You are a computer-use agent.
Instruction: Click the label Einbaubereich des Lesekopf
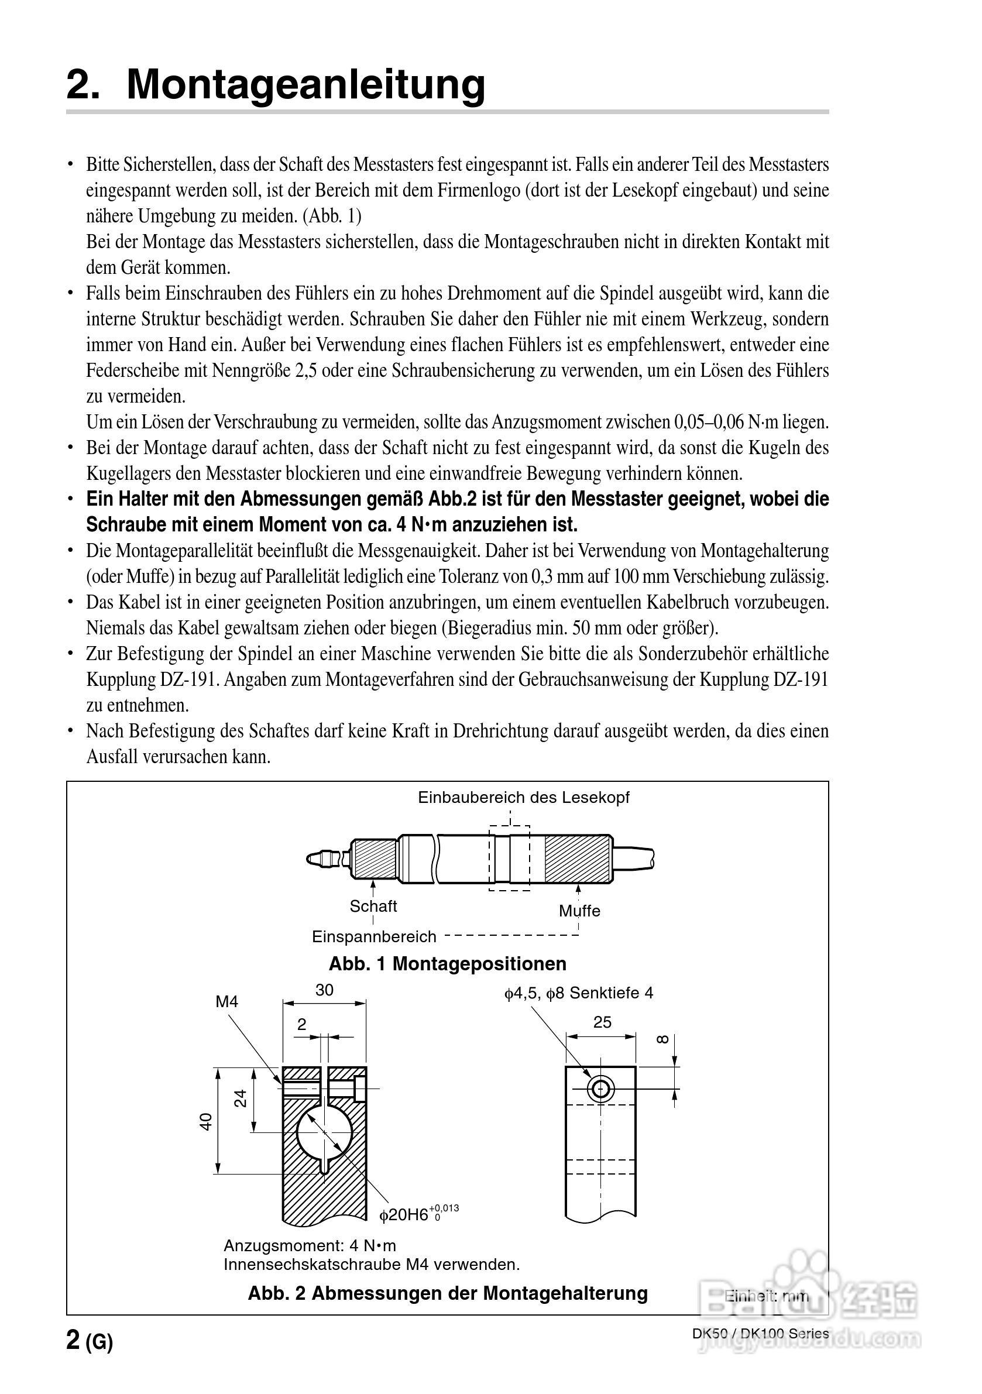point(524,797)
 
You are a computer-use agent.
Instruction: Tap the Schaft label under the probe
point(373,906)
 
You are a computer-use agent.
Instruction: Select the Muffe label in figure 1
point(579,911)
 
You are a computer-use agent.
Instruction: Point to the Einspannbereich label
point(374,936)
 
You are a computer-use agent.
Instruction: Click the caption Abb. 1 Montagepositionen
point(448,963)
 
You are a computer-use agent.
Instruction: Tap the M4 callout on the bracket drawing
point(227,1002)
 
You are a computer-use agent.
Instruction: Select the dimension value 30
point(324,990)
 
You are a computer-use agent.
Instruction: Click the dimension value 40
point(207,1121)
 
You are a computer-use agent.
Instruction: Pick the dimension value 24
point(241,1098)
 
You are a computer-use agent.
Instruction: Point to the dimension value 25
point(602,1022)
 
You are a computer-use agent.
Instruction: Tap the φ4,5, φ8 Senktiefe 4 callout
point(578,993)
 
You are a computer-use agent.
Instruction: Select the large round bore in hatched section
point(325,1132)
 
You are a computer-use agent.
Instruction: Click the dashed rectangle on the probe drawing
point(510,858)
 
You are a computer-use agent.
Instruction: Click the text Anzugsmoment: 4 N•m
point(310,1246)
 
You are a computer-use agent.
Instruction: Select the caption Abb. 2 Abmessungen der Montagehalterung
point(448,1293)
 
